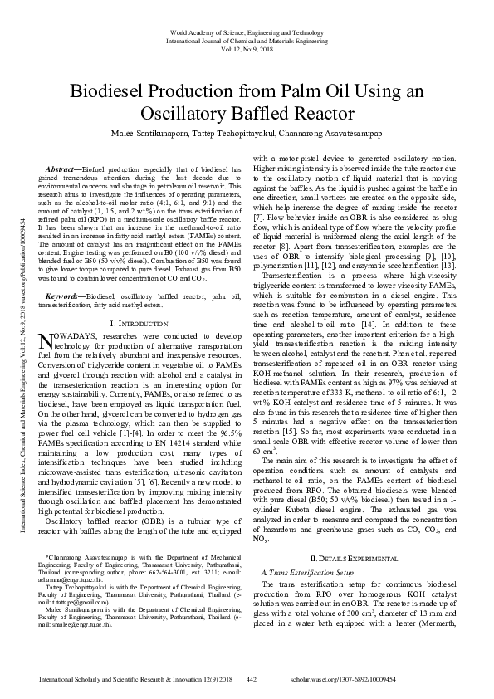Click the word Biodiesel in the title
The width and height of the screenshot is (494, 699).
[x=111, y=90]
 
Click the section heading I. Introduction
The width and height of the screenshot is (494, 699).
[x=142, y=299]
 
